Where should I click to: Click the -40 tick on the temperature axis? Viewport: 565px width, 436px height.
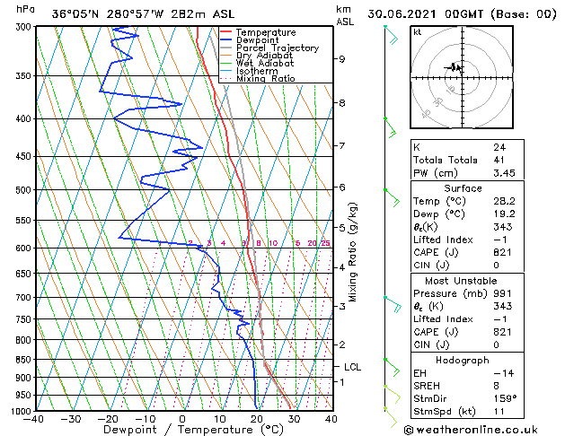click(35, 419)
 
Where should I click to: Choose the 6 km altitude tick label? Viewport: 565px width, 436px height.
click(342, 187)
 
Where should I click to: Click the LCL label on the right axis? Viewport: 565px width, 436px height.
click(352, 367)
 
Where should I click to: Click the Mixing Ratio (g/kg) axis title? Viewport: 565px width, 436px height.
click(354, 251)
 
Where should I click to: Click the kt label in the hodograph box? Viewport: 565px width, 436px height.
click(418, 31)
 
